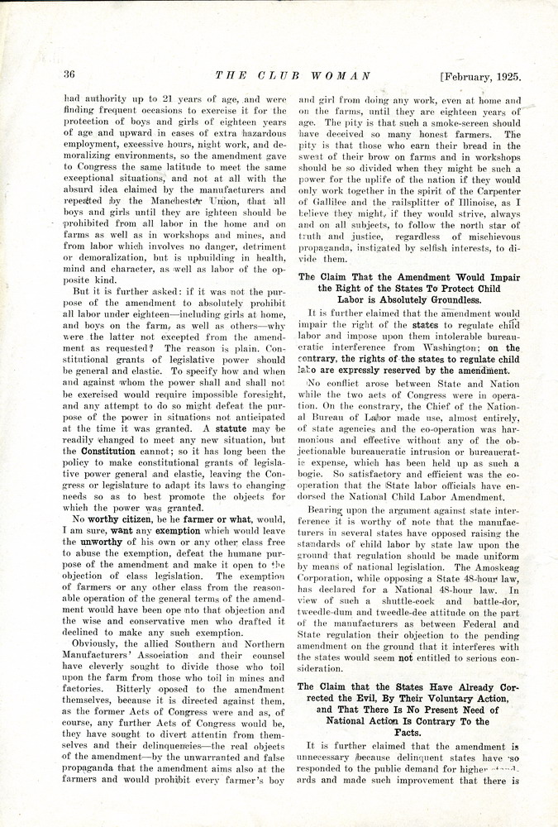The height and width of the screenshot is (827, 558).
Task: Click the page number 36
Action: click(x=69, y=74)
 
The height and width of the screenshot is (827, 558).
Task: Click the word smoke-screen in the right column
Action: click(x=446, y=122)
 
